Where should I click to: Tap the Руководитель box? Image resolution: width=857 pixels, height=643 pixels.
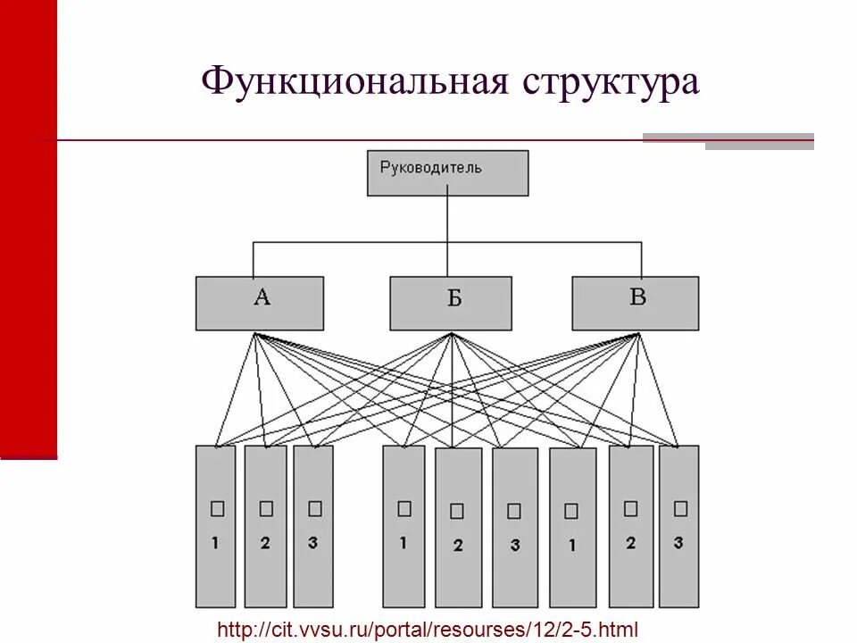pyautogui.click(x=447, y=172)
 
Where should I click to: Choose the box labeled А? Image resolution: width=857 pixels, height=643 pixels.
pyautogui.click(x=260, y=303)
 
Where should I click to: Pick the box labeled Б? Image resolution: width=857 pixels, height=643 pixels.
pyautogui.click(x=451, y=303)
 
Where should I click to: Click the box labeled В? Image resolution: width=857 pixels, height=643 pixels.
pyautogui.click(x=635, y=303)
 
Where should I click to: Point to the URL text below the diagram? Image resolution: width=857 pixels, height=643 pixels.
pyautogui.click(x=428, y=629)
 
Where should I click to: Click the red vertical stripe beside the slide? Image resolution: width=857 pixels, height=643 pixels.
pyautogui.click(x=29, y=223)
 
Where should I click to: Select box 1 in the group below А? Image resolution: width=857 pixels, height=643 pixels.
pyautogui.click(x=216, y=526)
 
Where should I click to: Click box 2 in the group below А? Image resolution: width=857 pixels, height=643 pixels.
pyautogui.click(x=265, y=526)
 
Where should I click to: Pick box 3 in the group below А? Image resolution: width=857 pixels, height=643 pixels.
pyautogui.click(x=313, y=526)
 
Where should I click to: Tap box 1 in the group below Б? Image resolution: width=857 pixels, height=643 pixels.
pyautogui.click(x=404, y=526)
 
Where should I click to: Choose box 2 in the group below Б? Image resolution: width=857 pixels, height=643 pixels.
pyautogui.click(x=458, y=527)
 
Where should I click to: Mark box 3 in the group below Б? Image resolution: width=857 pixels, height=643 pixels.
pyautogui.click(x=514, y=527)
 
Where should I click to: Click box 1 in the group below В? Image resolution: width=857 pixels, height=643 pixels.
pyautogui.click(x=572, y=527)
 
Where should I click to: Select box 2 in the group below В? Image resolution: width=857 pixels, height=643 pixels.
pyautogui.click(x=631, y=526)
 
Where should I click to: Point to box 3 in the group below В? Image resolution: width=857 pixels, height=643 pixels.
pyautogui.click(x=679, y=526)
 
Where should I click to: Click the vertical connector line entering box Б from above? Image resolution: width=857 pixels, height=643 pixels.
pyautogui.click(x=447, y=259)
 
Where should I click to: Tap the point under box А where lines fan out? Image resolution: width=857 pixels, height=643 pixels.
pyautogui.click(x=255, y=334)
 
